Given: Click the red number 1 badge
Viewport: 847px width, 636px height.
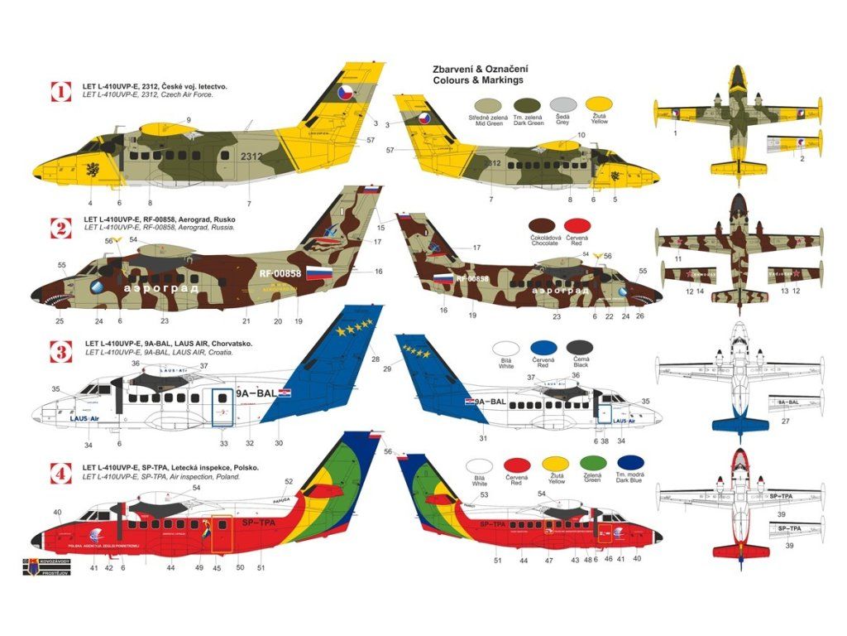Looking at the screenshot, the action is point(61,90).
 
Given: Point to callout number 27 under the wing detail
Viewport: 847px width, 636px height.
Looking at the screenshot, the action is point(786,422).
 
